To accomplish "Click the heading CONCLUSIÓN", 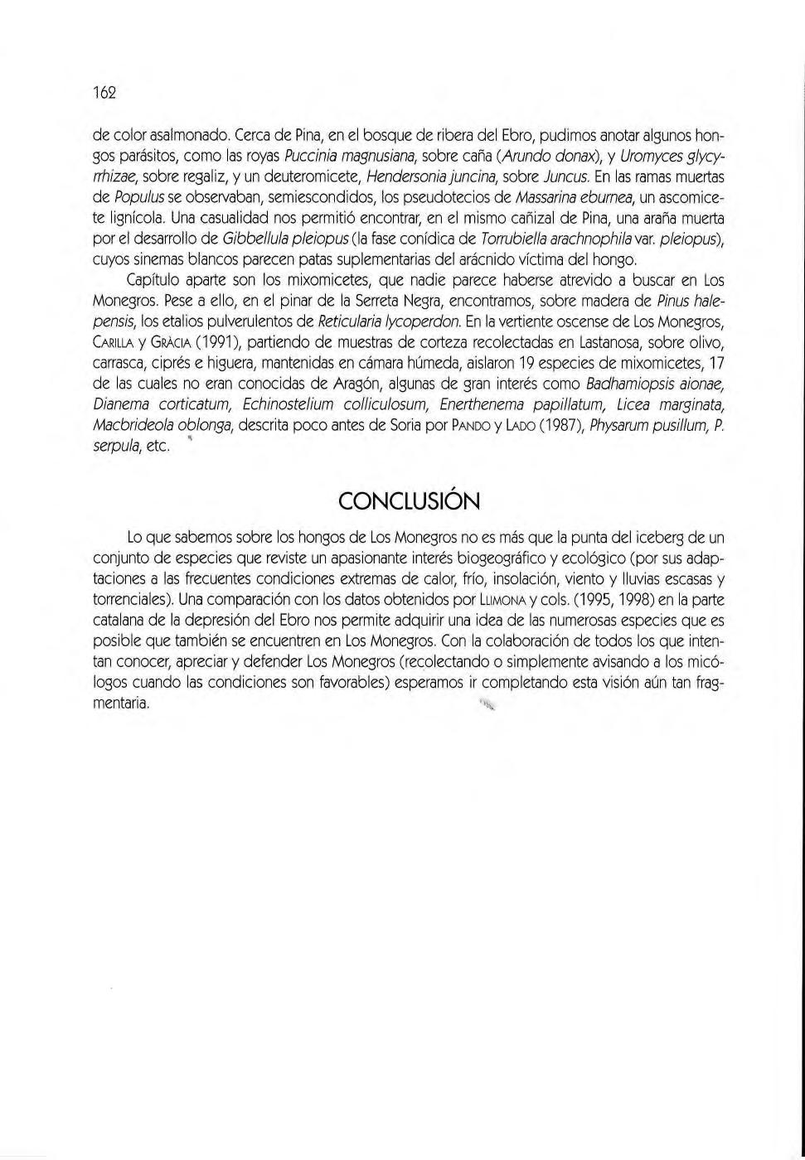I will point(409,501).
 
